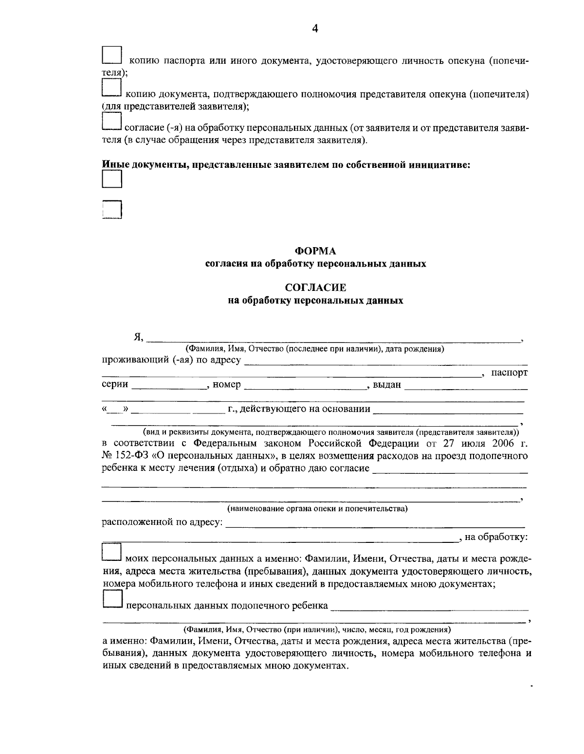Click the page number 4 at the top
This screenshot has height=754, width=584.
(314, 29)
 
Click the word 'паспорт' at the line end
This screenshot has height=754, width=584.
(509, 373)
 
